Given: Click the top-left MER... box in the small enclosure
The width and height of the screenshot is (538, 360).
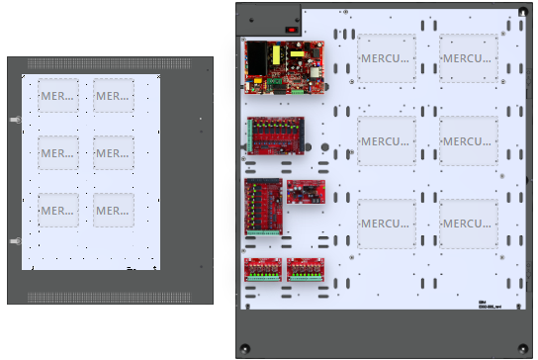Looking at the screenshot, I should [x=58, y=96].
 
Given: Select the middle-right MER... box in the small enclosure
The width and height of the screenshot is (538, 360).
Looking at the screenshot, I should [x=114, y=152].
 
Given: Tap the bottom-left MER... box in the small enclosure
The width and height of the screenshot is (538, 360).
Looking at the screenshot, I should [x=58, y=210].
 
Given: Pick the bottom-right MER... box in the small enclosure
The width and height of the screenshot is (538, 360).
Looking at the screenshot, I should [x=114, y=210].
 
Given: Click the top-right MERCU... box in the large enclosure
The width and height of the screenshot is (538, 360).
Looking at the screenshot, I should [x=469, y=57].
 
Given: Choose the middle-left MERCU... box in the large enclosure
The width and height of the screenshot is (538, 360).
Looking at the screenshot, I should [x=387, y=140].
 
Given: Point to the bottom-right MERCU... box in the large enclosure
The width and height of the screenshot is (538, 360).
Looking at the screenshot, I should [x=469, y=223].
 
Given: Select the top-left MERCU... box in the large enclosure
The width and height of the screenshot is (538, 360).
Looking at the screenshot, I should [x=387, y=57].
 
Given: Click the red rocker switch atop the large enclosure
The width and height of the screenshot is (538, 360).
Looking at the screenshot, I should [x=292, y=29].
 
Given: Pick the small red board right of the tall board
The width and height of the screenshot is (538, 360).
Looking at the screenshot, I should [x=305, y=192].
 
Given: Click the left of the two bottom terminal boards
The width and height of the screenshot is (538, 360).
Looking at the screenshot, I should [x=263, y=270].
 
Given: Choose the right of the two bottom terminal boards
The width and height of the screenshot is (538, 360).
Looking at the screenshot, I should [x=305, y=270].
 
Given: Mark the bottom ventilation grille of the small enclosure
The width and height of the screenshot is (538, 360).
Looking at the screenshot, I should [x=110, y=297].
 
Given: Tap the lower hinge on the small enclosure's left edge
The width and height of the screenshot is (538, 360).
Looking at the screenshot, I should [x=13, y=240].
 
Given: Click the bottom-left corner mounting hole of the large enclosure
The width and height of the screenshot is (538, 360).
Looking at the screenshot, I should [x=244, y=347].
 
